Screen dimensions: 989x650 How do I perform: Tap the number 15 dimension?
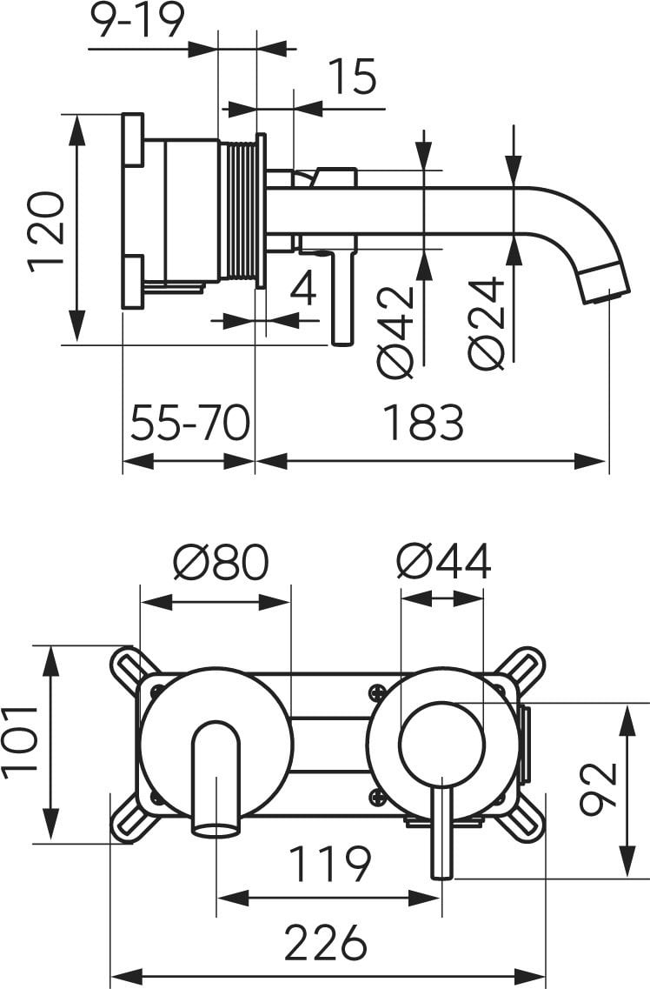click(352, 77)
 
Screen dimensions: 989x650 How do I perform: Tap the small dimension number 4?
click(302, 288)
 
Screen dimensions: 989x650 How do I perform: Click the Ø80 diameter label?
click(220, 563)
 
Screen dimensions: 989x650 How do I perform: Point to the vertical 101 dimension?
click(19, 739)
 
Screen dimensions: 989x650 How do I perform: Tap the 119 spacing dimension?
click(329, 864)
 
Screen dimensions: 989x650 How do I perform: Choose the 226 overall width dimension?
click(325, 941)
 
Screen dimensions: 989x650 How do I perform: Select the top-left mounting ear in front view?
click(129, 665)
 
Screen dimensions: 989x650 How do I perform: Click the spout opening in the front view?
click(216, 826)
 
